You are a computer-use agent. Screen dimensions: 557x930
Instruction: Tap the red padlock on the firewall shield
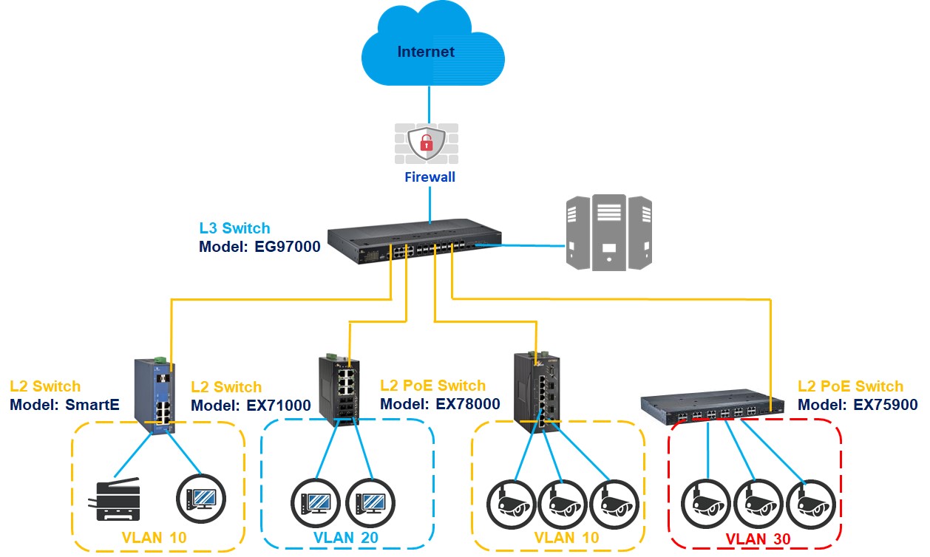coord(427,143)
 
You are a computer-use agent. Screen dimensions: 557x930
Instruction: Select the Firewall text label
coord(430,177)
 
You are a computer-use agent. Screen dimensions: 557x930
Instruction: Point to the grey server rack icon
coord(609,232)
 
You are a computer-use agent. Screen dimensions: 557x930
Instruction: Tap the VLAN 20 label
coord(346,538)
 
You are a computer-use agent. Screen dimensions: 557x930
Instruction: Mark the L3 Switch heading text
coord(235,229)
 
